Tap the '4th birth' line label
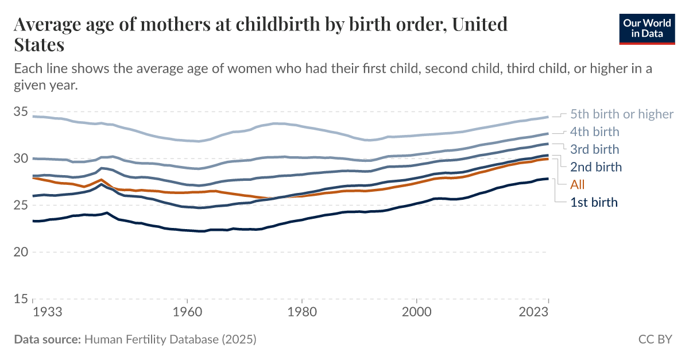click(595, 132)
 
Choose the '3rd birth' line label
click(595, 150)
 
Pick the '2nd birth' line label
click(595, 167)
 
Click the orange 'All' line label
click(578, 185)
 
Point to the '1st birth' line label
click(594, 202)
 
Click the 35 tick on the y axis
click(21, 111)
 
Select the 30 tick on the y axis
click(21, 158)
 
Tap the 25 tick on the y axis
click(21, 205)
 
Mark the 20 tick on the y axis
click(21, 252)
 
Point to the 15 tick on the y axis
click(21, 299)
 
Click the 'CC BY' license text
click(655, 339)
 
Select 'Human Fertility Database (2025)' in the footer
click(170, 339)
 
